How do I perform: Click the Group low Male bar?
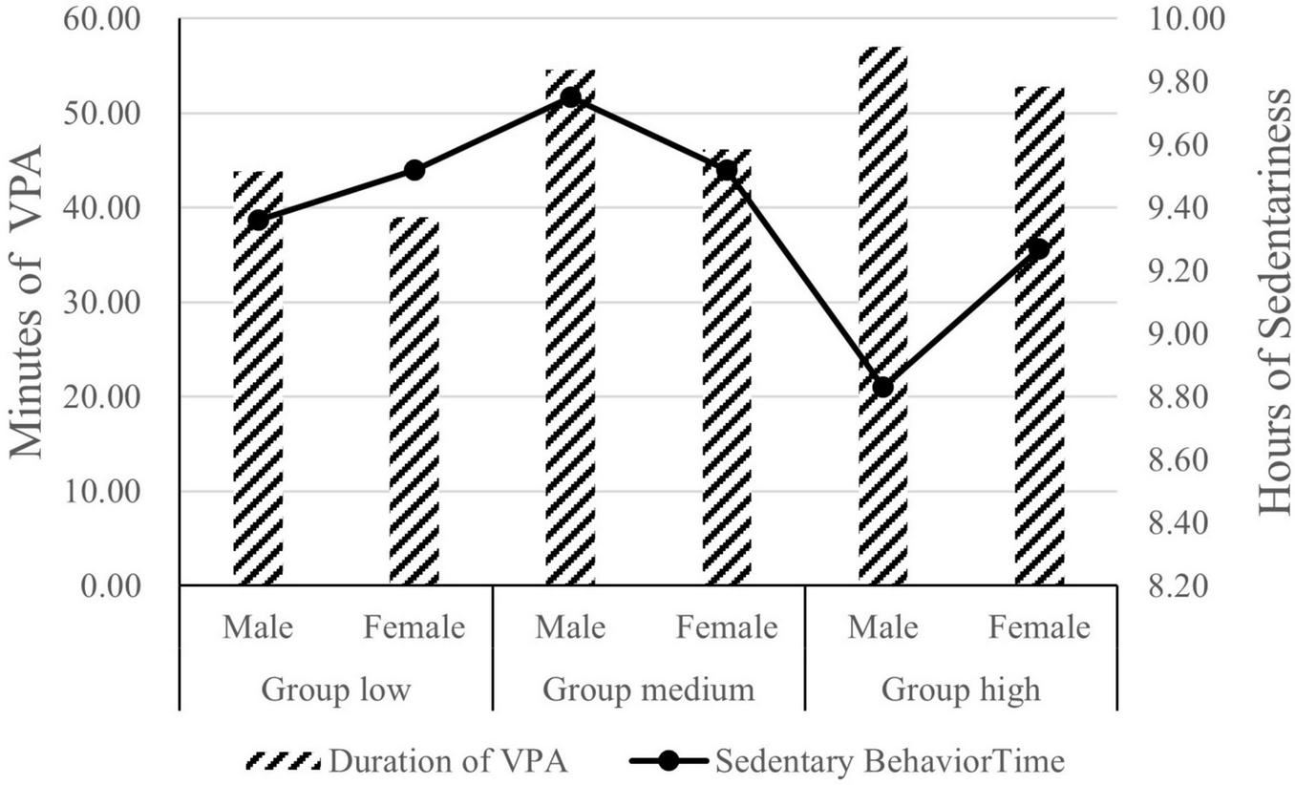tap(258, 382)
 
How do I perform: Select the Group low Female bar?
tap(414, 401)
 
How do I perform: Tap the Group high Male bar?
tap(882, 315)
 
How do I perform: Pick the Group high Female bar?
tap(1039, 334)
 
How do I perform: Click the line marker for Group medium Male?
tap(570, 97)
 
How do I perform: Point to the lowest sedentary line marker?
tap(882, 388)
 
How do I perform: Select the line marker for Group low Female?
tap(414, 171)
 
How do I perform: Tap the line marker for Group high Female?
tap(1039, 249)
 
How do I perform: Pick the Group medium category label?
tap(648, 690)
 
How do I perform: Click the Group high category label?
tap(961, 690)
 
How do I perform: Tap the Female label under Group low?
tap(414, 627)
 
